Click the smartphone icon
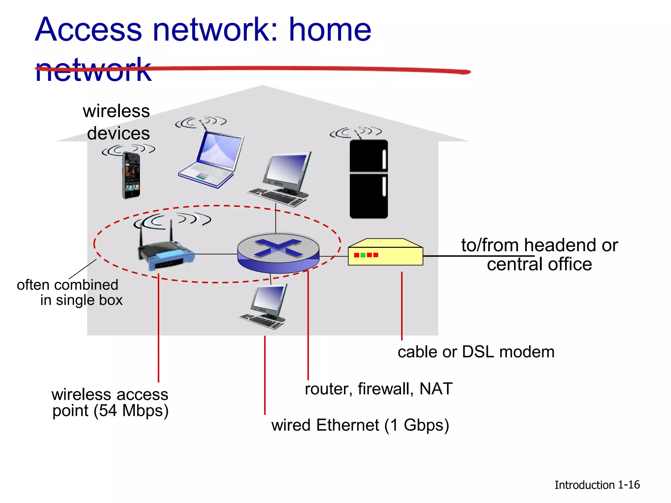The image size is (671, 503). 131,176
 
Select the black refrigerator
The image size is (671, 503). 369,179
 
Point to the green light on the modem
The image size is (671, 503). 363,255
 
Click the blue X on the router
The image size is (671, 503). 278,248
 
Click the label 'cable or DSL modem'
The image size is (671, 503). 476,352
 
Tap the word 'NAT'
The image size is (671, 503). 436,389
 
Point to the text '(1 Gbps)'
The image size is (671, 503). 416,425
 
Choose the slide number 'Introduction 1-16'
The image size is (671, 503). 597,485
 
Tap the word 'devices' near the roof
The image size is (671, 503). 118,133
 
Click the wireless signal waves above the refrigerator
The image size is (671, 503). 356,132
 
